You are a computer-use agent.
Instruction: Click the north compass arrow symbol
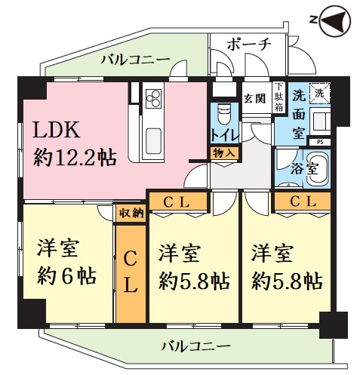[x=335, y=20]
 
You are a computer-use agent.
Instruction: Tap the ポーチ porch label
[x=249, y=45]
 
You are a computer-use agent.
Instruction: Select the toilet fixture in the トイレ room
[x=224, y=114]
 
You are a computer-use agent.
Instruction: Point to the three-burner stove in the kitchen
[x=153, y=99]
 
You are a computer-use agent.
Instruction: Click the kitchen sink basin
[x=153, y=141]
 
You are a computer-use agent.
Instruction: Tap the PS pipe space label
[x=320, y=142]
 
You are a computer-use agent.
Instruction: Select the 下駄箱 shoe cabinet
[x=278, y=97]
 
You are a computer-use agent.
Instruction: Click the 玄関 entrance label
[x=255, y=98]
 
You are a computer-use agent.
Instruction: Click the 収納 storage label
[x=131, y=214]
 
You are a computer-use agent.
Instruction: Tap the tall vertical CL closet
[x=131, y=274]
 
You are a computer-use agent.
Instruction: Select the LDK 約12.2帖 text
[x=74, y=143]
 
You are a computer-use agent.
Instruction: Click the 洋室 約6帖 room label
[x=66, y=262]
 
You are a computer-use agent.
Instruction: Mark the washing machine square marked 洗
[x=319, y=93]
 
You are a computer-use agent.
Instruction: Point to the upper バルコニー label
[x=136, y=60]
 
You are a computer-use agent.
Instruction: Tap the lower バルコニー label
[x=195, y=346]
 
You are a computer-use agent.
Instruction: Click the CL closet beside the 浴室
[x=303, y=201]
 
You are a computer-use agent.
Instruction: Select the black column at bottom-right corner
[x=334, y=325]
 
